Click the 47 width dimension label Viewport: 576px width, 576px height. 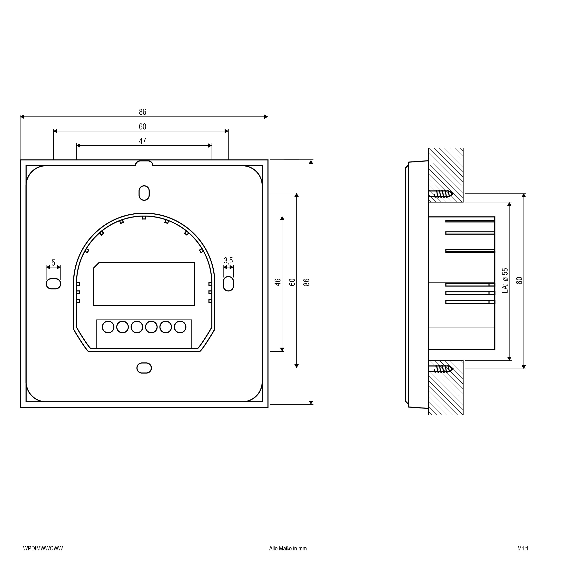point(142,141)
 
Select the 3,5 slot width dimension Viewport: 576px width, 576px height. point(228,261)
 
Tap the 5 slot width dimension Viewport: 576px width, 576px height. point(53,263)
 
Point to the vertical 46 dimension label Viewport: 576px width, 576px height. point(278,282)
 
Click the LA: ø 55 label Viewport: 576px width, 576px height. point(505,280)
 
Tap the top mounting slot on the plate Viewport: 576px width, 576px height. point(144,193)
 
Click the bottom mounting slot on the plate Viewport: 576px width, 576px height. point(144,368)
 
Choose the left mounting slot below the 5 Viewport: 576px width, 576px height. point(53,284)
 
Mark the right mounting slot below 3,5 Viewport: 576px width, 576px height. point(228,284)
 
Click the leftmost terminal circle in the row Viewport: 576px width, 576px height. point(108,327)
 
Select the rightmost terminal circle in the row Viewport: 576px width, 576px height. point(180,327)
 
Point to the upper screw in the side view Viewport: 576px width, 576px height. point(441,194)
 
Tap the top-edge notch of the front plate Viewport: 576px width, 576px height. point(144,163)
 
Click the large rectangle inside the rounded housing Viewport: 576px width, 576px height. point(144,284)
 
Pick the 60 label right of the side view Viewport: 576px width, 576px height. point(519,280)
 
